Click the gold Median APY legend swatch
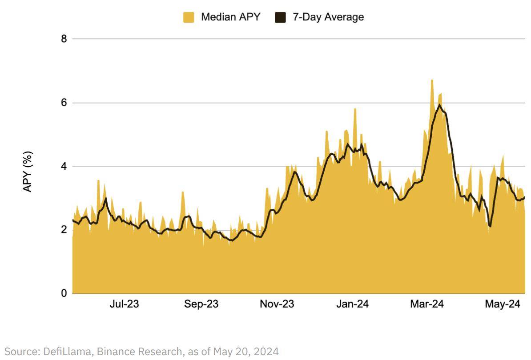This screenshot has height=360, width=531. pos(189,17)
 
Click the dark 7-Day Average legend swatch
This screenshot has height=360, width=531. pos(280,17)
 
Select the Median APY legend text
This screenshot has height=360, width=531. pos(230,17)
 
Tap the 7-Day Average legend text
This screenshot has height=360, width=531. pos(328,17)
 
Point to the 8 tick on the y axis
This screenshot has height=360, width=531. pos(64,39)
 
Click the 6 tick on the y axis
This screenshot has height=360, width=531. pos(64,103)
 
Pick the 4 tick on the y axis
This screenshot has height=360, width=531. pos(64,166)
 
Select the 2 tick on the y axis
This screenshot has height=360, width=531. pos(64,230)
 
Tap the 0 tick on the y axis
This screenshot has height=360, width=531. pos(64,293)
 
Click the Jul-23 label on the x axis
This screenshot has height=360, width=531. pos(124,304)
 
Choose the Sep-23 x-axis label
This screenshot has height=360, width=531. pos(201,304)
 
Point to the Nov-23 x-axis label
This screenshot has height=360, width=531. pos(277,304)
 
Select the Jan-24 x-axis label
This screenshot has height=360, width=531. pos(352,304)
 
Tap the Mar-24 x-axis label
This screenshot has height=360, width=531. pos(427,304)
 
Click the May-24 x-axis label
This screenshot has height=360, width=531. pos(503,304)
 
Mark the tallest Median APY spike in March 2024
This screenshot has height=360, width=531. pos(432,80)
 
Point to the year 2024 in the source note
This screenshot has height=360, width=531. pos(267,352)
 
